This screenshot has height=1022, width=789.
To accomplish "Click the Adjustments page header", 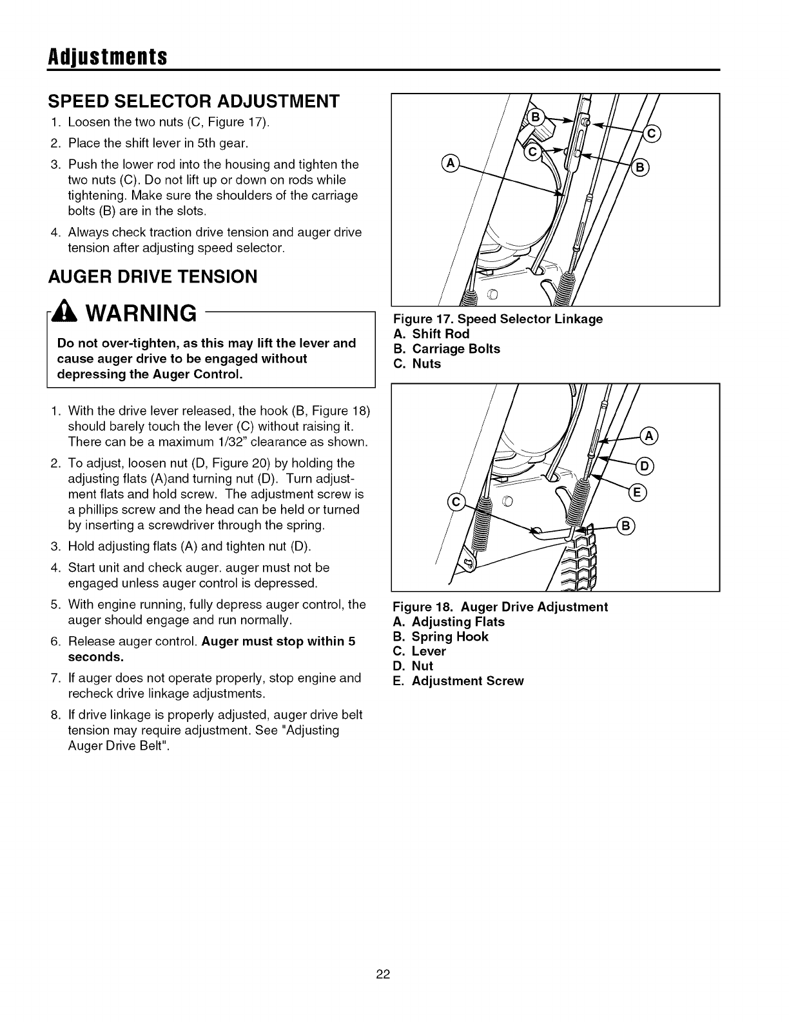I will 108,57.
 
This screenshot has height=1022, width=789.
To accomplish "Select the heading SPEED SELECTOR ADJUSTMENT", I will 193,101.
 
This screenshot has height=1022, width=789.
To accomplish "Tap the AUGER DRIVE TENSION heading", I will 153,277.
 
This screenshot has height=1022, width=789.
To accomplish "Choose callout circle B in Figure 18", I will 626,526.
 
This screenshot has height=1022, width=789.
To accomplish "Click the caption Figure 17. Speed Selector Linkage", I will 498,319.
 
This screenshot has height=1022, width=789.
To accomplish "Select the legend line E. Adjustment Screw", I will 458,681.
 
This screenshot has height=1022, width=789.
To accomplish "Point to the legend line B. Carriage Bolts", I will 447,349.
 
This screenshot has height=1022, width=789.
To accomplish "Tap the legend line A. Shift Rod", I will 431,334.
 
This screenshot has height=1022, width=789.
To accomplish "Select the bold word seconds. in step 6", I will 96,657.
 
